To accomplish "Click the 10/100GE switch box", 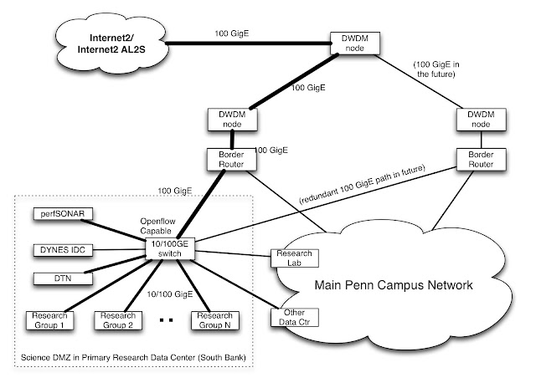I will coord(170,248).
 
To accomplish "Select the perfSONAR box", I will coord(61,215).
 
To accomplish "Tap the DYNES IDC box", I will coord(61,248).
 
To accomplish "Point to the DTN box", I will coord(61,278).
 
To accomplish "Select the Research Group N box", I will coord(213,319).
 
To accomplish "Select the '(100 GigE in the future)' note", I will coord(435,69).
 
